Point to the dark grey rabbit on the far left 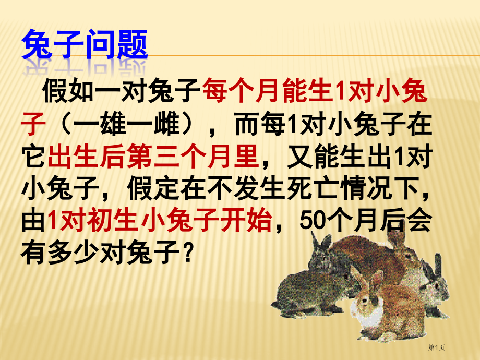[x=297, y=292]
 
